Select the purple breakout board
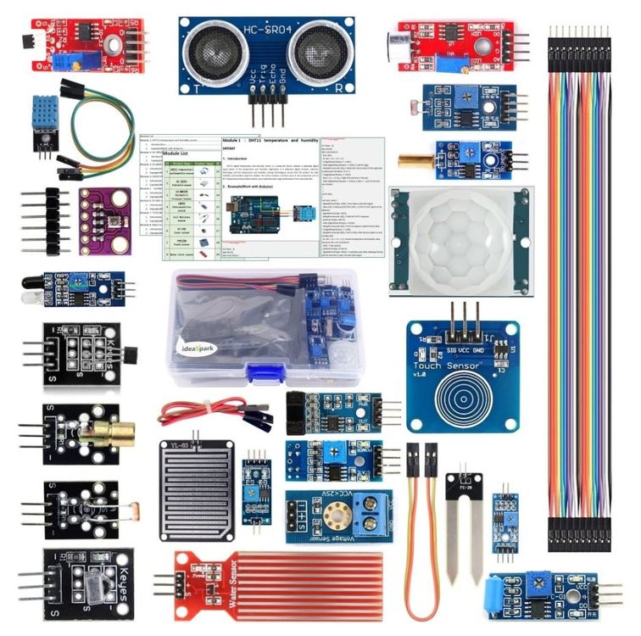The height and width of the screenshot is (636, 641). click(x=105, y=220)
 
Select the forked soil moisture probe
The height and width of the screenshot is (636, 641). click(x=465, y=522)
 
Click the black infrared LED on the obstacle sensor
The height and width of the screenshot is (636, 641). click(x=31, y=277)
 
